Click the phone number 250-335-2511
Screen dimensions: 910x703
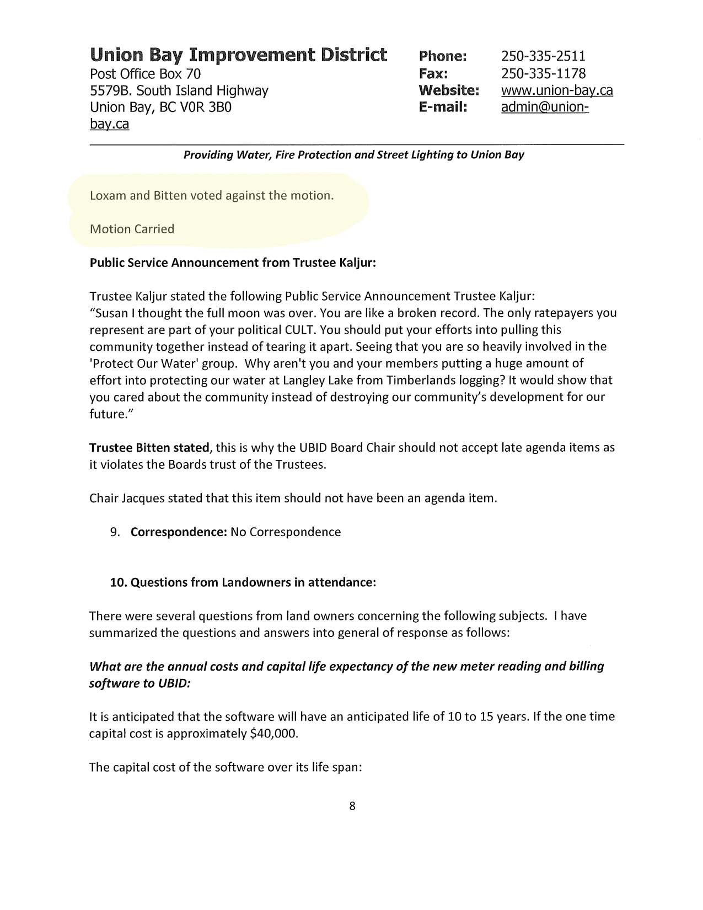(x=543, y=56)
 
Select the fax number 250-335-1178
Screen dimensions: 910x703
(x=543, y=73)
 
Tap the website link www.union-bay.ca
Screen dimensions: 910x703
(x=557, y=90)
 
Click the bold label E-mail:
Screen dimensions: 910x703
(x=443, y=107)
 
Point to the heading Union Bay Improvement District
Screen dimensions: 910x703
(x=238, y=55)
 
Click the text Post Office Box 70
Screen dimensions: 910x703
(x=145, y=73)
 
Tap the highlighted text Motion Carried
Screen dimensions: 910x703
(x=132, y=229)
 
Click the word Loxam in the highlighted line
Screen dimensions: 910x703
(x=108, y=196)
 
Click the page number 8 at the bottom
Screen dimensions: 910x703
(x=352, y=806)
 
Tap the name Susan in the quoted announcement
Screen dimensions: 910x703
(x=112, y=313)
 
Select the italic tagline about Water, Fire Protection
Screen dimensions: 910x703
(x=353, y=154)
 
